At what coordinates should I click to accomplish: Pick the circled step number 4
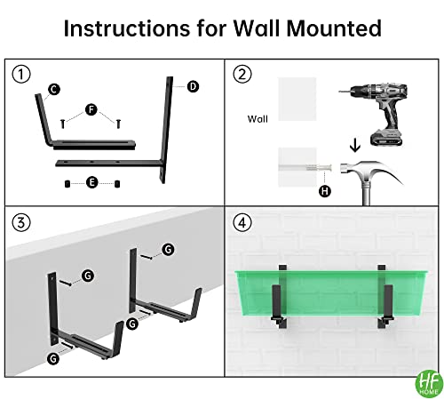242,220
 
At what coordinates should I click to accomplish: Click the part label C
54,89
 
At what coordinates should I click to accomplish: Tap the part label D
192,86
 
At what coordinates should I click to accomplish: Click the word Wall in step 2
258,117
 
